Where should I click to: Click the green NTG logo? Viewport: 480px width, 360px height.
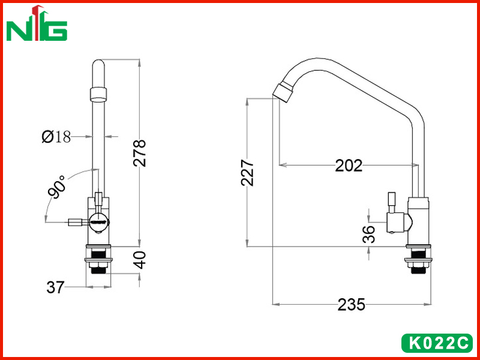(37, 24)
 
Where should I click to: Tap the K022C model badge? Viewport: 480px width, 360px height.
(437, 343)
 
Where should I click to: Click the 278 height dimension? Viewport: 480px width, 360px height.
(140, 153)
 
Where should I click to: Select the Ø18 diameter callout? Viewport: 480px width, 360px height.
(56, 137)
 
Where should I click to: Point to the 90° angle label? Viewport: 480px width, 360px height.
(57, 187)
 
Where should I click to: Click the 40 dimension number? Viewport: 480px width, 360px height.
(140, 260)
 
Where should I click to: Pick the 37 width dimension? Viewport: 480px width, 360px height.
(55, 287)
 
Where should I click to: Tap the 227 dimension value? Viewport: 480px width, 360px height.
(247, 172)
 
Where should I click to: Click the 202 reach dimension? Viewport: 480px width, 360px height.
(349, 166)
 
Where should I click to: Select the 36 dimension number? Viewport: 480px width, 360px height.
(368, 234)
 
